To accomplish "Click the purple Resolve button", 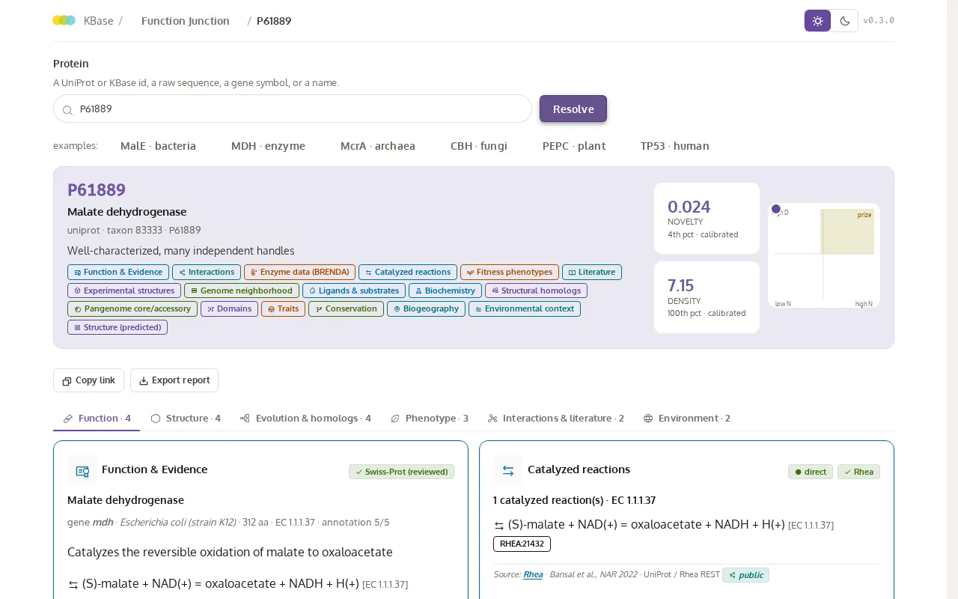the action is point(573,109).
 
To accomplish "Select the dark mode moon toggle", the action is point(844,20).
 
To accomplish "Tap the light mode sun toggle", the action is point(817,20).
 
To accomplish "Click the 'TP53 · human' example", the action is point(674,146).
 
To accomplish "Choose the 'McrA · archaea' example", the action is point(378,146).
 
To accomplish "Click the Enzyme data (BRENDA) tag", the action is point(300,272).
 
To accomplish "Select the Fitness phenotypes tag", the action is point(510,272).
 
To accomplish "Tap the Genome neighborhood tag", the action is point(242,291).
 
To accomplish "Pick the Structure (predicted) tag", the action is point(118,327).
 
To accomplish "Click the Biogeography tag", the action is point(426,309).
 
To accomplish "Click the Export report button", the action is point(174,380).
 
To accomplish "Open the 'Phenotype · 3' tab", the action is point(430,419).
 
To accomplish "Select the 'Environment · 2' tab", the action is point(687,419).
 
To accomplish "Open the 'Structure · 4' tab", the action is point(186,419).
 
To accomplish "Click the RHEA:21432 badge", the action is point(522,544).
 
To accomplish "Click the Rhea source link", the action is point(533,574).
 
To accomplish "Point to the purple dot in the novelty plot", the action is point(776,209).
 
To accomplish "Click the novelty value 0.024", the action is point(689,207).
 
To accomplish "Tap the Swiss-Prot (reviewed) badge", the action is point(401,472).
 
